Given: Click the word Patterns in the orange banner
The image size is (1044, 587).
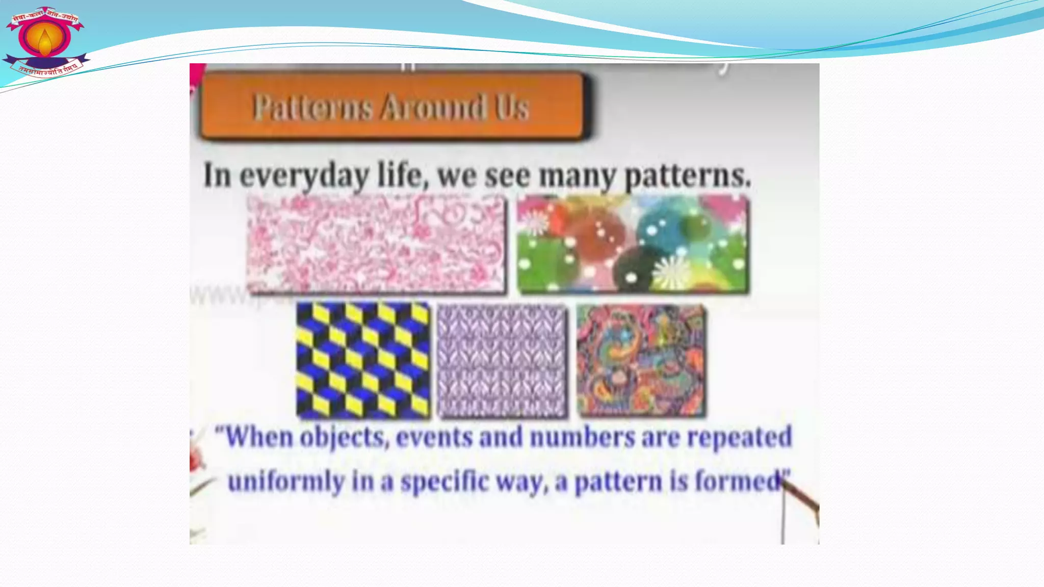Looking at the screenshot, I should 312,107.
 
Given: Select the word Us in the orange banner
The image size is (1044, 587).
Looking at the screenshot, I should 512,107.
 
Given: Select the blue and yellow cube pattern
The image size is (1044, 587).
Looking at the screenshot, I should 363,360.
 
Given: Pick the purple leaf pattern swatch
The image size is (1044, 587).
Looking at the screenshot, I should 502,361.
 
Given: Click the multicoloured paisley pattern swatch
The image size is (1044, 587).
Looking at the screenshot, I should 641,360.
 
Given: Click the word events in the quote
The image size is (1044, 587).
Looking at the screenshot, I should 434,437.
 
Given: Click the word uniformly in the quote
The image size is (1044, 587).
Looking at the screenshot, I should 285,482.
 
